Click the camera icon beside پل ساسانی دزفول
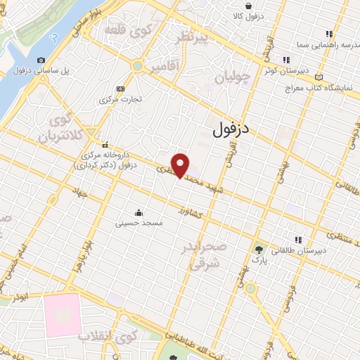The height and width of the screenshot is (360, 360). click(41, 60)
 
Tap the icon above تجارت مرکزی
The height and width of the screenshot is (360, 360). click(120, 89)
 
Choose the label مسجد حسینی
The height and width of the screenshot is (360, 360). click(139, 222)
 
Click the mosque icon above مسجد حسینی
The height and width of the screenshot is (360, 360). click(139, 212)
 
